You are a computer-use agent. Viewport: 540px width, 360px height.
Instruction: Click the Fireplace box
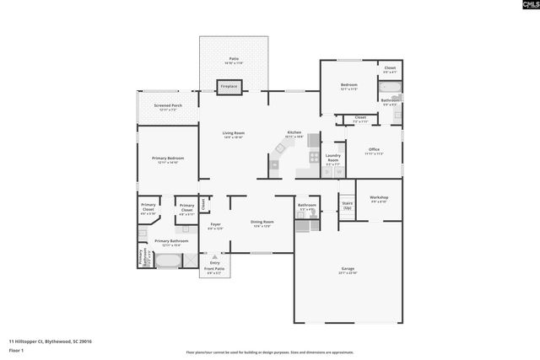point(229,86)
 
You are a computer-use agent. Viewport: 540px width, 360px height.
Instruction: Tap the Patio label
point(234,59)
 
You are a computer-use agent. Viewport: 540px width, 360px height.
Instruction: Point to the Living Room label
point(234,134)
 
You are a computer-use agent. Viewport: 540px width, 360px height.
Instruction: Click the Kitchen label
point(294,133)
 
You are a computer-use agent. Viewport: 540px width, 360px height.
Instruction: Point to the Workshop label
point(378,198)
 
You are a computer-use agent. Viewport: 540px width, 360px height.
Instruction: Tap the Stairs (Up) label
point(347,205)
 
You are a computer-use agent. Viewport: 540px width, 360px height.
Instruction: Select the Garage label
point(348,270)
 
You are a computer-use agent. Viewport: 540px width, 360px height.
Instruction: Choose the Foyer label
point(216,225)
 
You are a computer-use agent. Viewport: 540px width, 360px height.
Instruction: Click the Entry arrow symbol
point(213,256)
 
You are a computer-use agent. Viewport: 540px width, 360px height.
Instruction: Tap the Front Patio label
point(213,269)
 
